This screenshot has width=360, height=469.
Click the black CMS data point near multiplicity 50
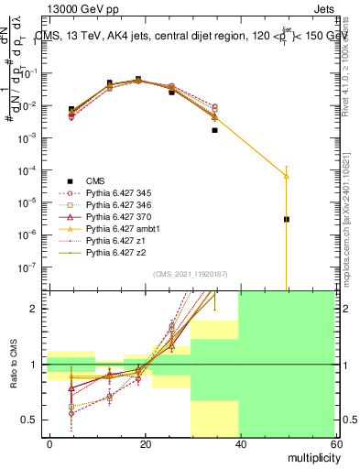tap(287, 219)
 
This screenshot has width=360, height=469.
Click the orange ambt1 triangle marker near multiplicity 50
tap(287, 175)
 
